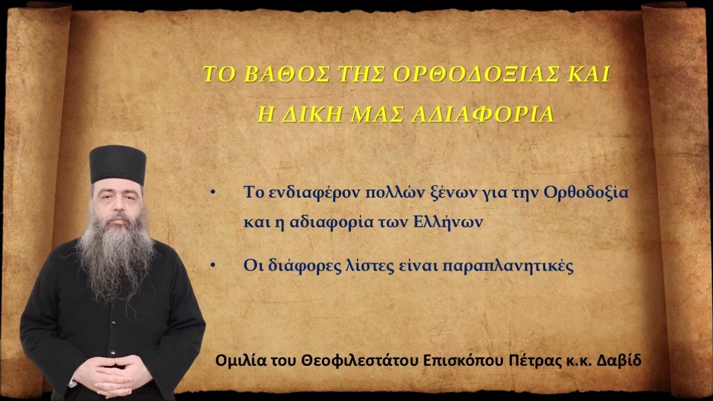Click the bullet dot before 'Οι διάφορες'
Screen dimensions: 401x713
tap(213, 266)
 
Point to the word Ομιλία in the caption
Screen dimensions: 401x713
tap(236, 360)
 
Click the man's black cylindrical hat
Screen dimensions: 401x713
tap(118, 165)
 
